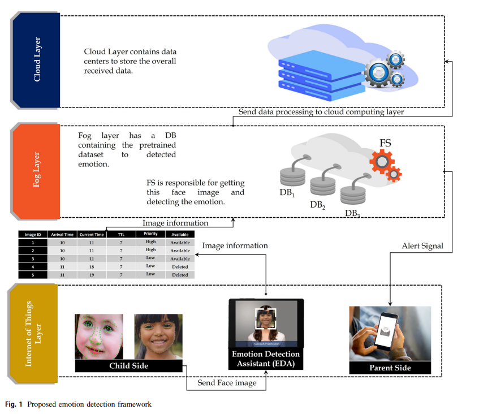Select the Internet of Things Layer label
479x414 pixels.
coord(34,333)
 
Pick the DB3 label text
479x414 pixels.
coord(352,214)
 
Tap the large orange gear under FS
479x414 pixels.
coord(382,162)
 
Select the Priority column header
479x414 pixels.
coord(150,234)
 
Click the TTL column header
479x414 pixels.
coord(122,234)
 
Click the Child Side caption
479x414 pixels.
coord(128,366)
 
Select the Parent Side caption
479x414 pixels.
coord(390,368)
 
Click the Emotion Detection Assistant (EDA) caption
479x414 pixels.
coord(265,359)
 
